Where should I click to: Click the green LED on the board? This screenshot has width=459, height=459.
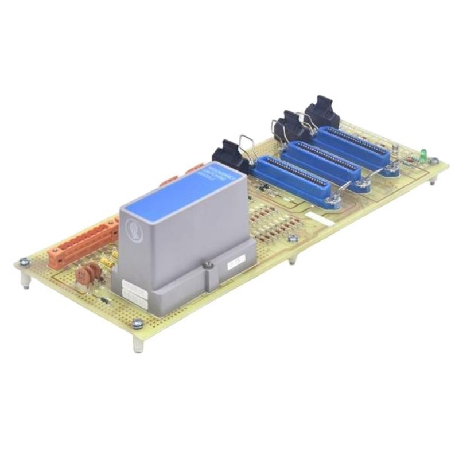(x=423, y=153)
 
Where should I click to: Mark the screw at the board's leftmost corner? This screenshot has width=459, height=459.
(x=24, y=262)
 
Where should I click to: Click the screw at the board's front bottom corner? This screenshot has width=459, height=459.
(x=137, y=324)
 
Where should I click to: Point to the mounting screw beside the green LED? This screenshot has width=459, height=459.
(x=434, y=162)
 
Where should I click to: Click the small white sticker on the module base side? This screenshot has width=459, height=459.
(x=235, y=263)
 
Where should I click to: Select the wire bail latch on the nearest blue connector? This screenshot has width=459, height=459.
(x=247, y=148)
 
